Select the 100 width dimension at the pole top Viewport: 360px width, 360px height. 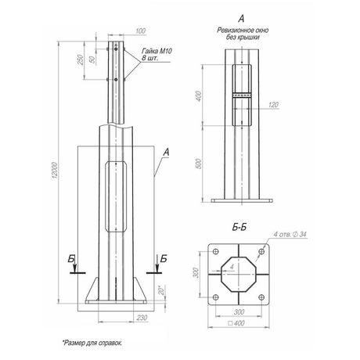click(x=140, y=31)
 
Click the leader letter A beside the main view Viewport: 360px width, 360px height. click(x=167, y=153)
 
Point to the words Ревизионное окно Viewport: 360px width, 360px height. click(x=241, y=28)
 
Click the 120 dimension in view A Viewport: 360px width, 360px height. click(x=273, y=103)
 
